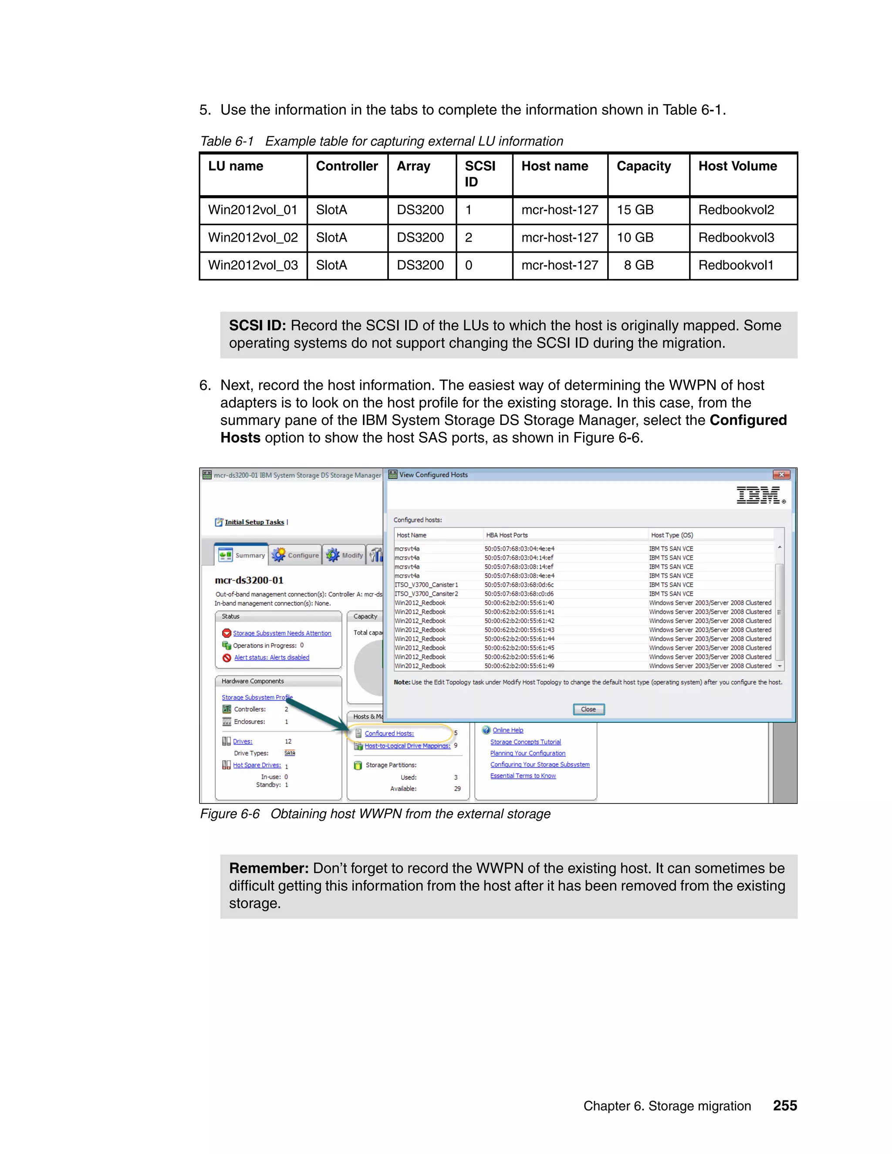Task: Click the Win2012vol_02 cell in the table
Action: point(253,238)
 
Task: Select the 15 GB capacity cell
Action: point(635,210)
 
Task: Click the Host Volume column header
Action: point(737,166)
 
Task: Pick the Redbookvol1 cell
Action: point(736,265)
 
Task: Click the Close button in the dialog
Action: point(588,709)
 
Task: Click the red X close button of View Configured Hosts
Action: point(781,475)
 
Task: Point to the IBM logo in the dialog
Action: point(759,495)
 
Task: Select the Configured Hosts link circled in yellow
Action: point(389,733)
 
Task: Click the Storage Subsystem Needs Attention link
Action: point(282,633)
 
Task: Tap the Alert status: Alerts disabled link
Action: point(272,657)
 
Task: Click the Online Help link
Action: point(507,730)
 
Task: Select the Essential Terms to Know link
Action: point(523,776)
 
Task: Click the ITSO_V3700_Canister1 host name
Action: point(426,585)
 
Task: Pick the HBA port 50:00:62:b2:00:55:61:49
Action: point(519,666)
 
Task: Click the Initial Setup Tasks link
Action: point(254,522)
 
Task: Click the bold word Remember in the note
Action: point(268,868)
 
